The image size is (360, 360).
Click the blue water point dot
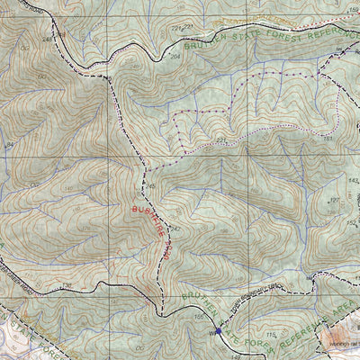tap(218, 331)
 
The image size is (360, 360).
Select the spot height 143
tap(340, 181)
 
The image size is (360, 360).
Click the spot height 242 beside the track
tap(176, 229)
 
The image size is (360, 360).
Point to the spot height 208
tap(176, 56)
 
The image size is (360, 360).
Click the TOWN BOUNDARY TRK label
tap(256, 311)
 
